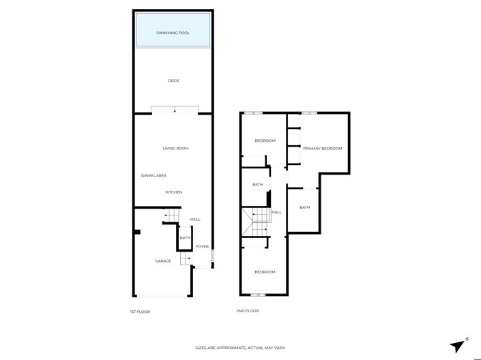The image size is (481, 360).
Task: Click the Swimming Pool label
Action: (x=173, y=32)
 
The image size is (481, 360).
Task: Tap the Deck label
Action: (x=173, y=80)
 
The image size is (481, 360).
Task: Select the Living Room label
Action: (x=175, y=148)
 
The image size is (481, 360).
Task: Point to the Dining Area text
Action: (x=154, y=175)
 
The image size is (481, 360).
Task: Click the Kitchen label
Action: (x=173, y=192)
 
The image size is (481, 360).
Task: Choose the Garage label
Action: (x=162, y=260)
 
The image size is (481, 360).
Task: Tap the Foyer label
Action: (x=202, y=246)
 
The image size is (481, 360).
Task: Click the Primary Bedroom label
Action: (x=322, y=148)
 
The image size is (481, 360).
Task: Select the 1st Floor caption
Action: (x=139, y=312)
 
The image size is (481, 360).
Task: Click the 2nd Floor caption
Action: (x=247, y=311)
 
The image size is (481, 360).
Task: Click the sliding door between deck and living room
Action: (x=175, y=110)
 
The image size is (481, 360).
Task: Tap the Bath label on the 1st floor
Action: (x=184, y=238)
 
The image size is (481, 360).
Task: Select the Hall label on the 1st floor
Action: (x=195, y=219)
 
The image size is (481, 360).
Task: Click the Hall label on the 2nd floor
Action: (x=276, y=212)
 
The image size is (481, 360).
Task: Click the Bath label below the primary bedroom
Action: (x=304, y=207)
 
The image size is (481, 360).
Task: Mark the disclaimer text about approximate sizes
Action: (x=240, y=348)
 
